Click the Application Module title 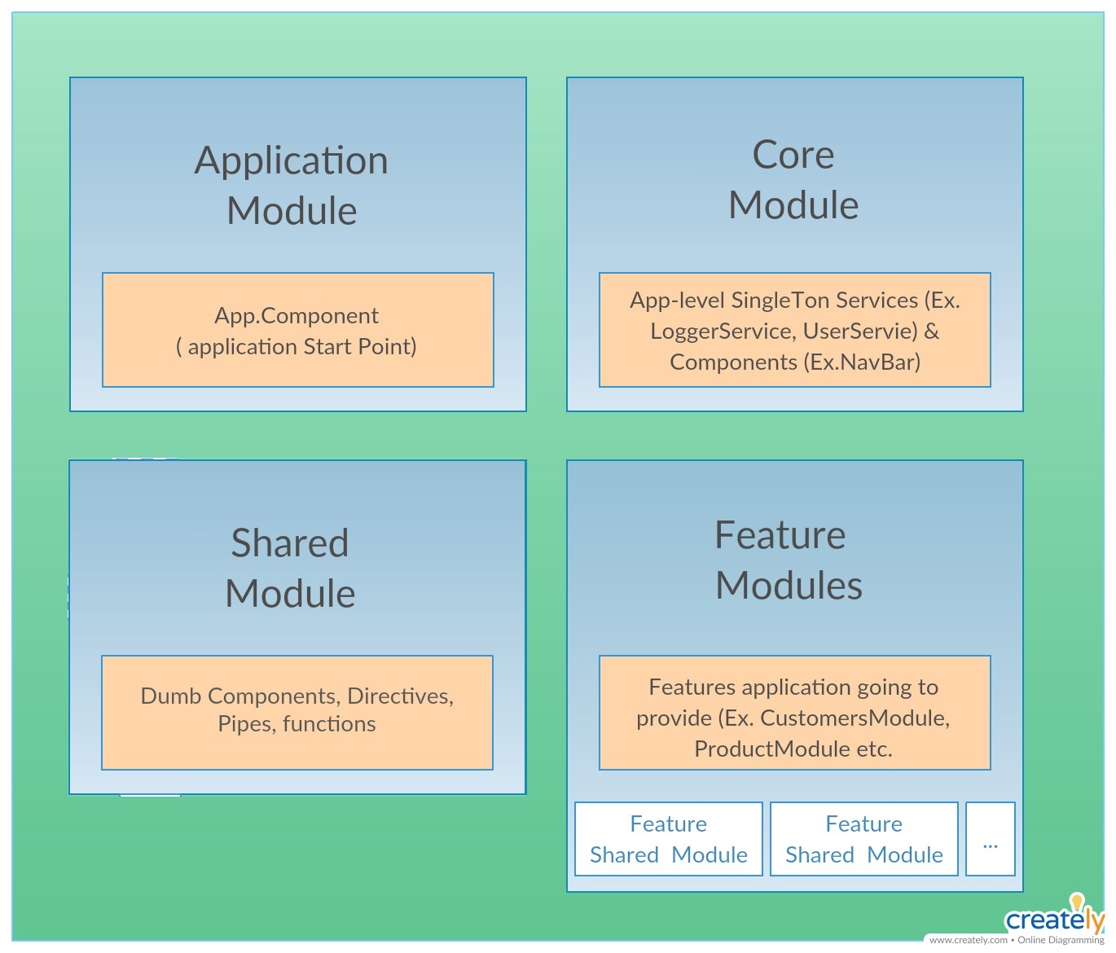pos(292,185)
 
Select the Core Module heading pos(793,179)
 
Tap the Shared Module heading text pos(290,568)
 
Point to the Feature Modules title pos(788,560)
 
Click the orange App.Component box pos(297,330)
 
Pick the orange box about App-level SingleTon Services pos(794,330)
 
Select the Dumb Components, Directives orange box pos(297,712)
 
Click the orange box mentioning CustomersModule pos(794,713)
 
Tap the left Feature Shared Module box pos(668,839)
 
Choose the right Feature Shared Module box pos(863,839)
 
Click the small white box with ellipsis pos(990,839)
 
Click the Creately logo pos(1054,918)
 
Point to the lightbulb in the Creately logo pos(1077,901)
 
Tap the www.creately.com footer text pos(968,940)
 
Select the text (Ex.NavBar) pos(862,362)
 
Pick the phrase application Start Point pos(301,347)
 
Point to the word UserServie pos(860,332)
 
